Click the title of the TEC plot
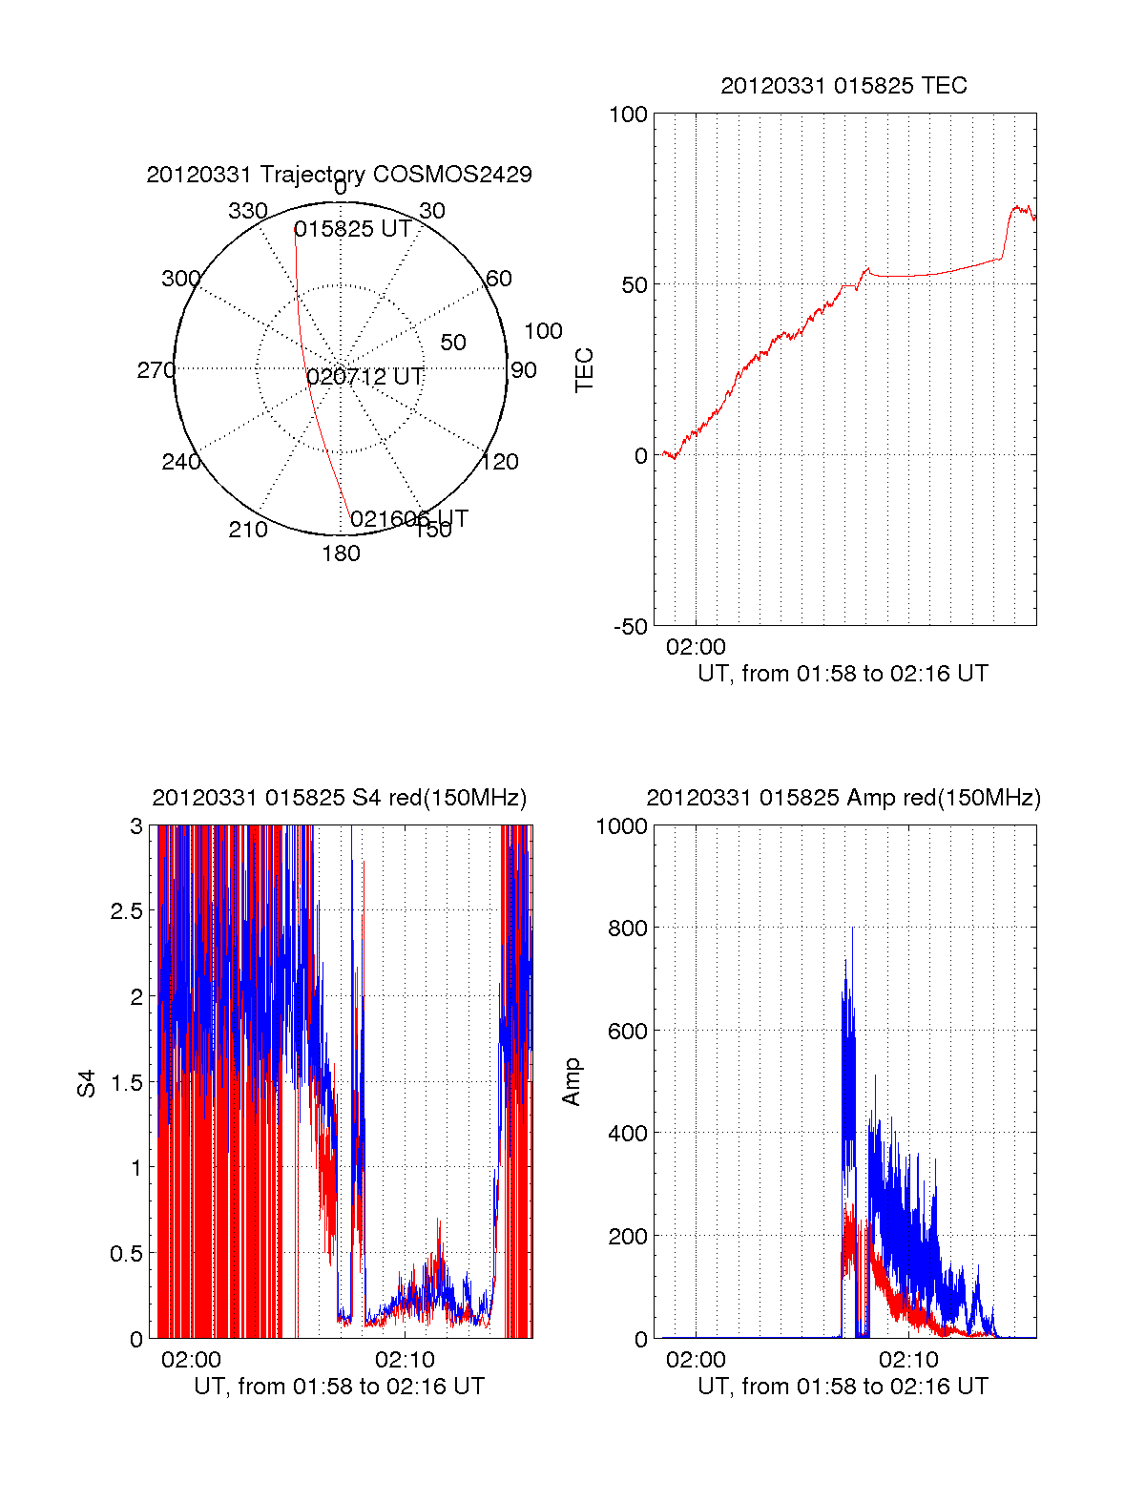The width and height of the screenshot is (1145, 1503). (843, 86)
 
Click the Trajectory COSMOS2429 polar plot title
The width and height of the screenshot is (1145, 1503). (339, 175)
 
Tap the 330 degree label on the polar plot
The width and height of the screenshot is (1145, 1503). (248, 211)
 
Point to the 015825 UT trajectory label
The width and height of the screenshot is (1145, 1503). (353, 229)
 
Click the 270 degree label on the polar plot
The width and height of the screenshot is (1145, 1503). (156, 370)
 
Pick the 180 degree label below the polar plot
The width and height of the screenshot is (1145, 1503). (341, 553)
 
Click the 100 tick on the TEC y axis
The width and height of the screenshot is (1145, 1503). (628, 115)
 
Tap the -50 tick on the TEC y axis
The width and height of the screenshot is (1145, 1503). (630, 627)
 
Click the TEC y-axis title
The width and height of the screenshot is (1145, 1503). (584, 370)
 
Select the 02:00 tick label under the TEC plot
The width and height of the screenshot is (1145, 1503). (696, 647)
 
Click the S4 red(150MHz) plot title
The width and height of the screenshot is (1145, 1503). (339, 798)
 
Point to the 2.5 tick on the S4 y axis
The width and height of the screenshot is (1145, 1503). (126, 911)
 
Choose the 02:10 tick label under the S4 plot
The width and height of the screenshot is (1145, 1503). (405, 1359)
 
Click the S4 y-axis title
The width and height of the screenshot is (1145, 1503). (87, 1083)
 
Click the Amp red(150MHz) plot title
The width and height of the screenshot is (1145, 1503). (843, 798)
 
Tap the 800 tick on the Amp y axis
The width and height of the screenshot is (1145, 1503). (628, 929)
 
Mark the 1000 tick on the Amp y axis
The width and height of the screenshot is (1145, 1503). (622, 826)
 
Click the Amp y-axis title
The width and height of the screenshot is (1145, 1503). (572, 1082)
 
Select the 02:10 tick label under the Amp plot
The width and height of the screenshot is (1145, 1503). (908, 1359)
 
